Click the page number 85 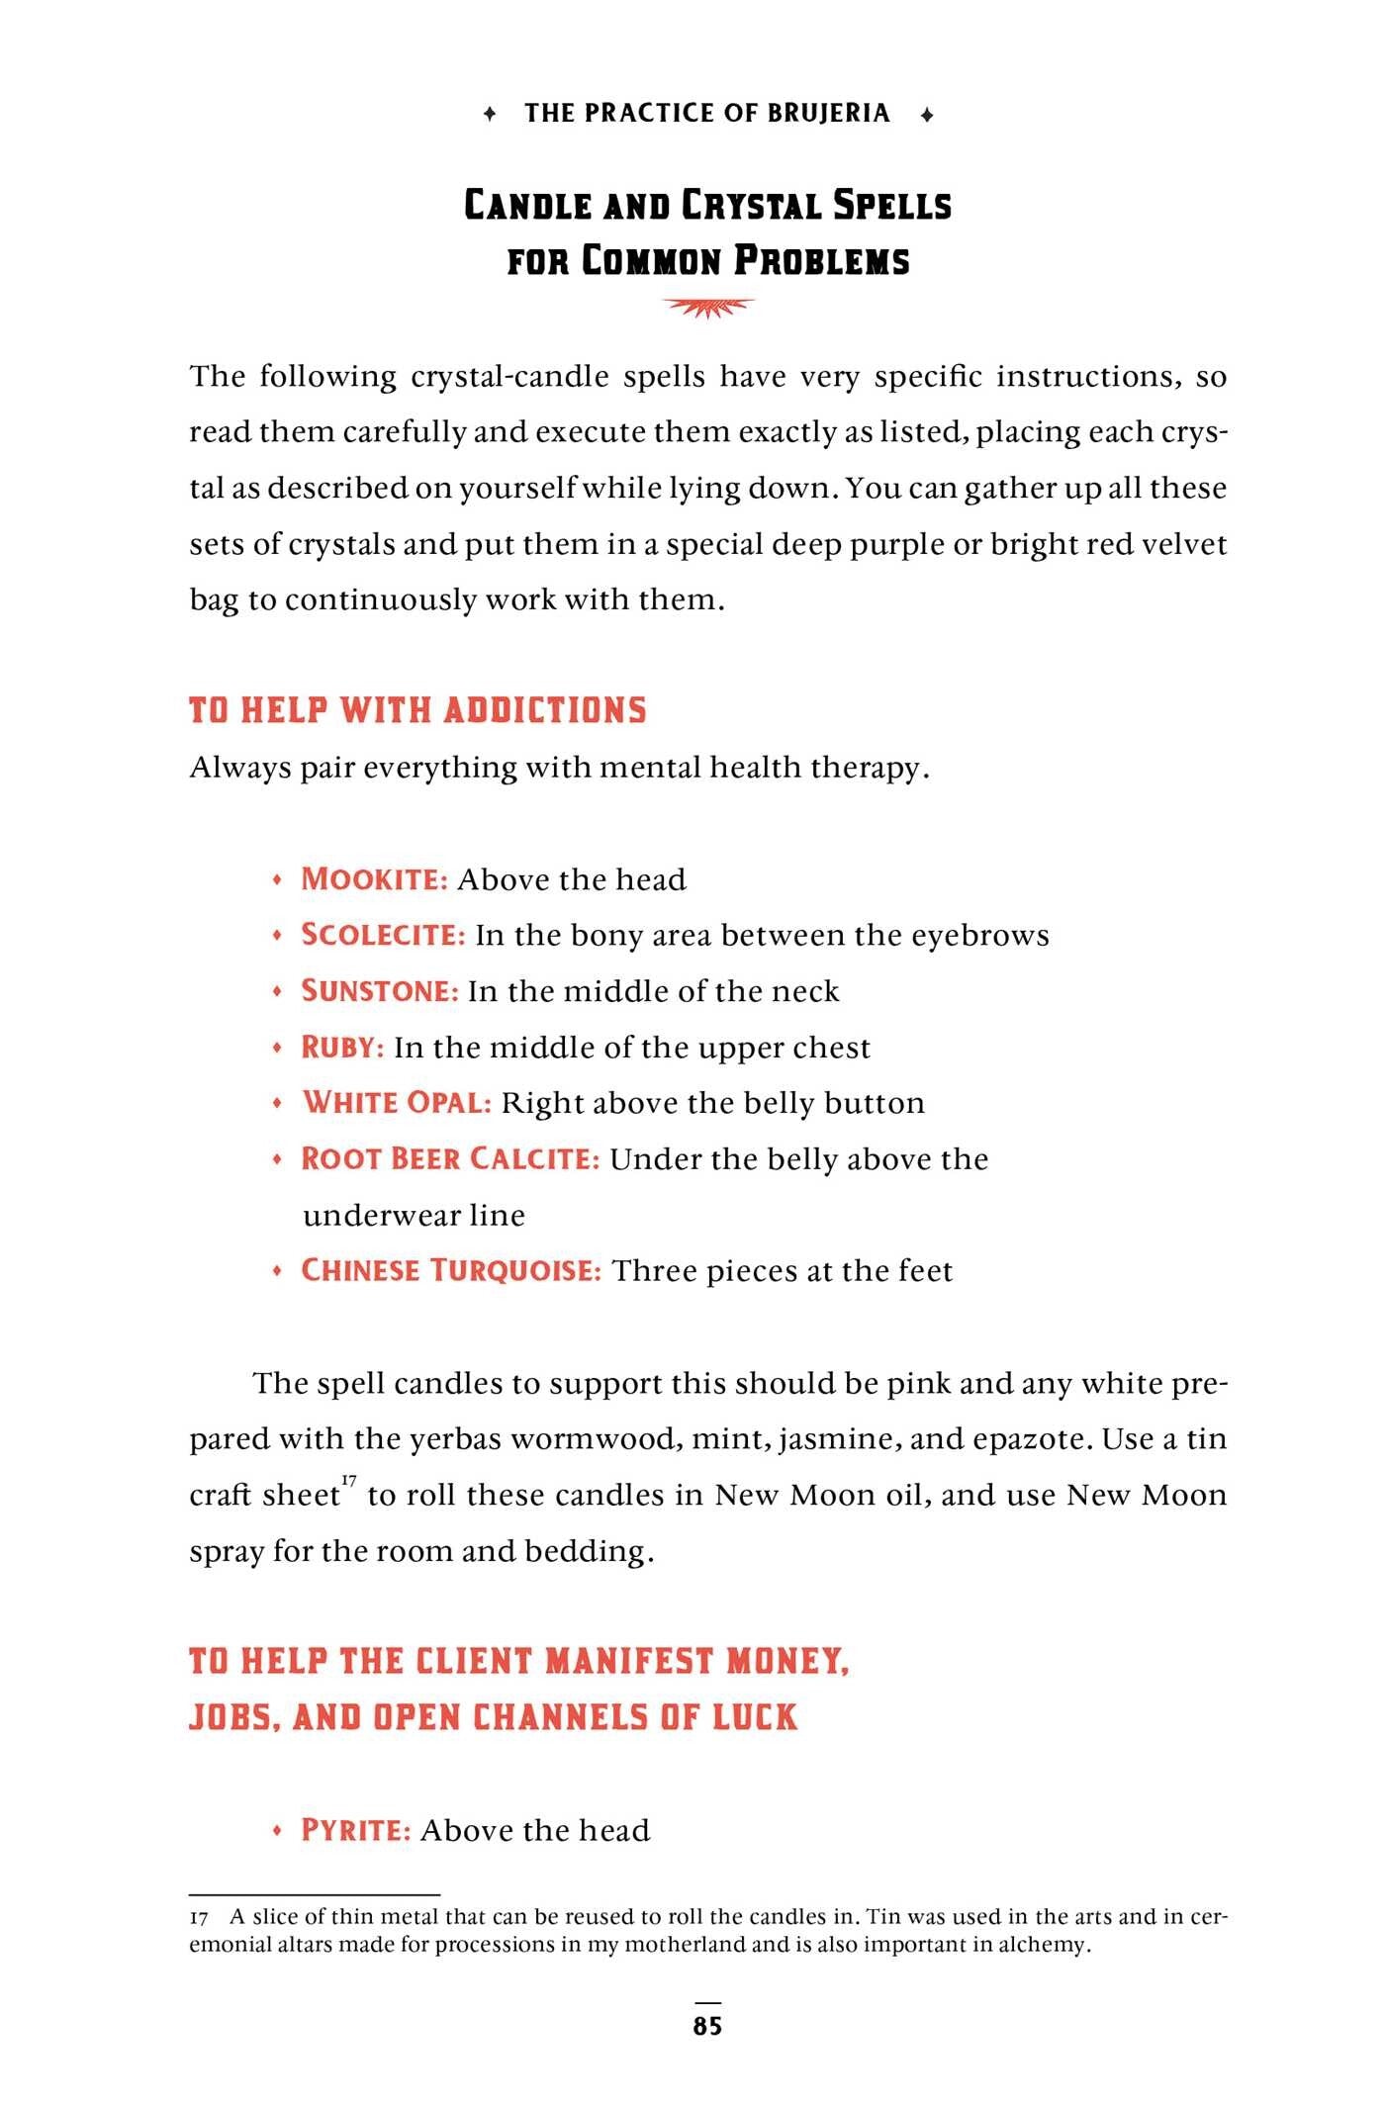(707, 2026)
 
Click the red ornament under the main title (708, 309)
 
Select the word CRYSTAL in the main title (752, 206)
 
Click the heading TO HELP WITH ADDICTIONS (417, 710)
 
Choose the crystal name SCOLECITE (383, 935)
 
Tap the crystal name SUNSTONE (380, 991)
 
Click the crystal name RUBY (342, 1048)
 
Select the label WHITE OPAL (397, 1103)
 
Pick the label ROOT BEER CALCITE (450, 1159)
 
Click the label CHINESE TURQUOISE (451, 1271)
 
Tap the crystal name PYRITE (356, 1830)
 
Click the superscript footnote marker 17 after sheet (349, 1480)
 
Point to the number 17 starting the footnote (199, 1918)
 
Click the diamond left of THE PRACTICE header (490, 115)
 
